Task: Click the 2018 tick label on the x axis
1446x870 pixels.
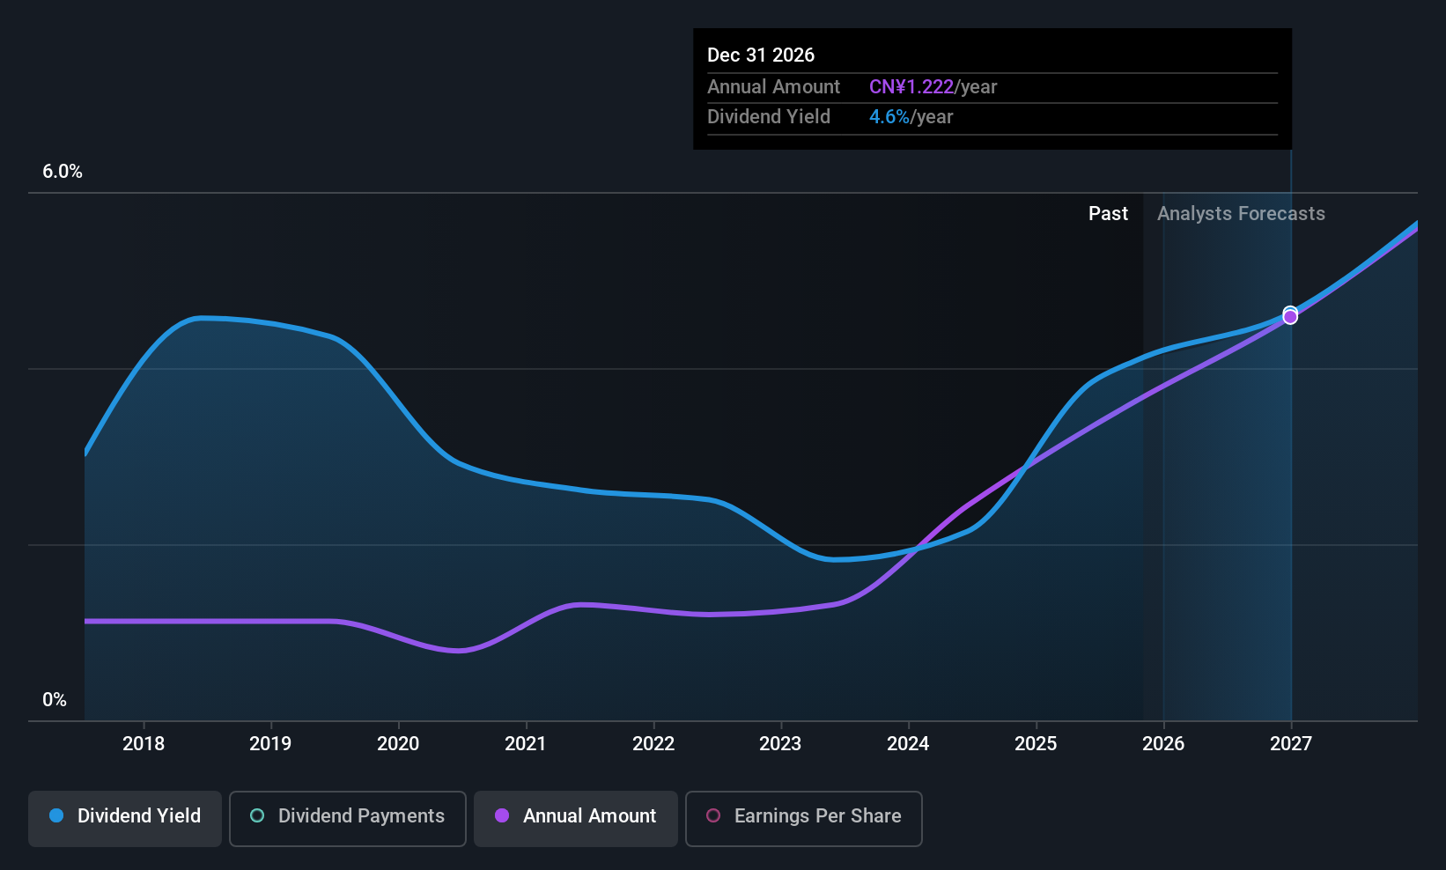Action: pos(144,743)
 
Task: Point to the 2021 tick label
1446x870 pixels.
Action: pos(526,743)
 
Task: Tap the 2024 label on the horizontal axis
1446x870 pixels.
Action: pos(908,743)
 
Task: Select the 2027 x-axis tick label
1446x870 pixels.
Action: pos(1290,743)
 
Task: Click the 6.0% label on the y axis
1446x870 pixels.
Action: pos(63,172)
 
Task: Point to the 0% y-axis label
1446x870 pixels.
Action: pos(55,700)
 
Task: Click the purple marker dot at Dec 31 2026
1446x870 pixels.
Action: pos(1290,317)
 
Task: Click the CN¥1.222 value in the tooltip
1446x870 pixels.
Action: pos(911,87)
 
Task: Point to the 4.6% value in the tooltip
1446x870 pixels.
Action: pos(889,117)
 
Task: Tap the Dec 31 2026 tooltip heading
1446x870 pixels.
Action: pos(761,55)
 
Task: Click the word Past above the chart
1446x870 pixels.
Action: pos(1108,213)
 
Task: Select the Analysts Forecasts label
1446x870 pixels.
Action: pos(1241,213)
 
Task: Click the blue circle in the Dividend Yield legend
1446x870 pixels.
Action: pos(56,815)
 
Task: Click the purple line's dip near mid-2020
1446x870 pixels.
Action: pos(459,651)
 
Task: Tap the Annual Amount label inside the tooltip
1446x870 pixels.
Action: pos(773,87)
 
